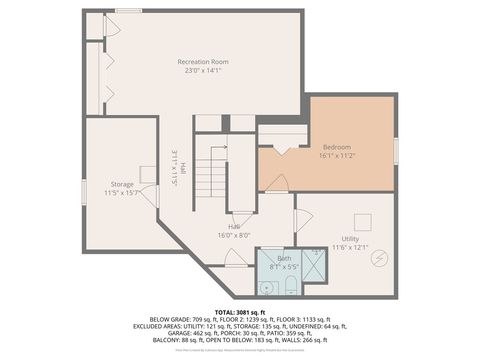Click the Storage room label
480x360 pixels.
pos(122,184)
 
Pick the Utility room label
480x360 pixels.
pos(350,238)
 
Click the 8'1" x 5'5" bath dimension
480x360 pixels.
pos(284,267)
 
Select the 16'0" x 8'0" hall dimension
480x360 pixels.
pos(234,236)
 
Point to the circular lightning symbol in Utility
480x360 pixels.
pos(378,259)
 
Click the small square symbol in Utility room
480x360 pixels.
pos(364,222)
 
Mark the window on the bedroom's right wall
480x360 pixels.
pos(397,147)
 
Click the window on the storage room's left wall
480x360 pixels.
pos(84,192)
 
